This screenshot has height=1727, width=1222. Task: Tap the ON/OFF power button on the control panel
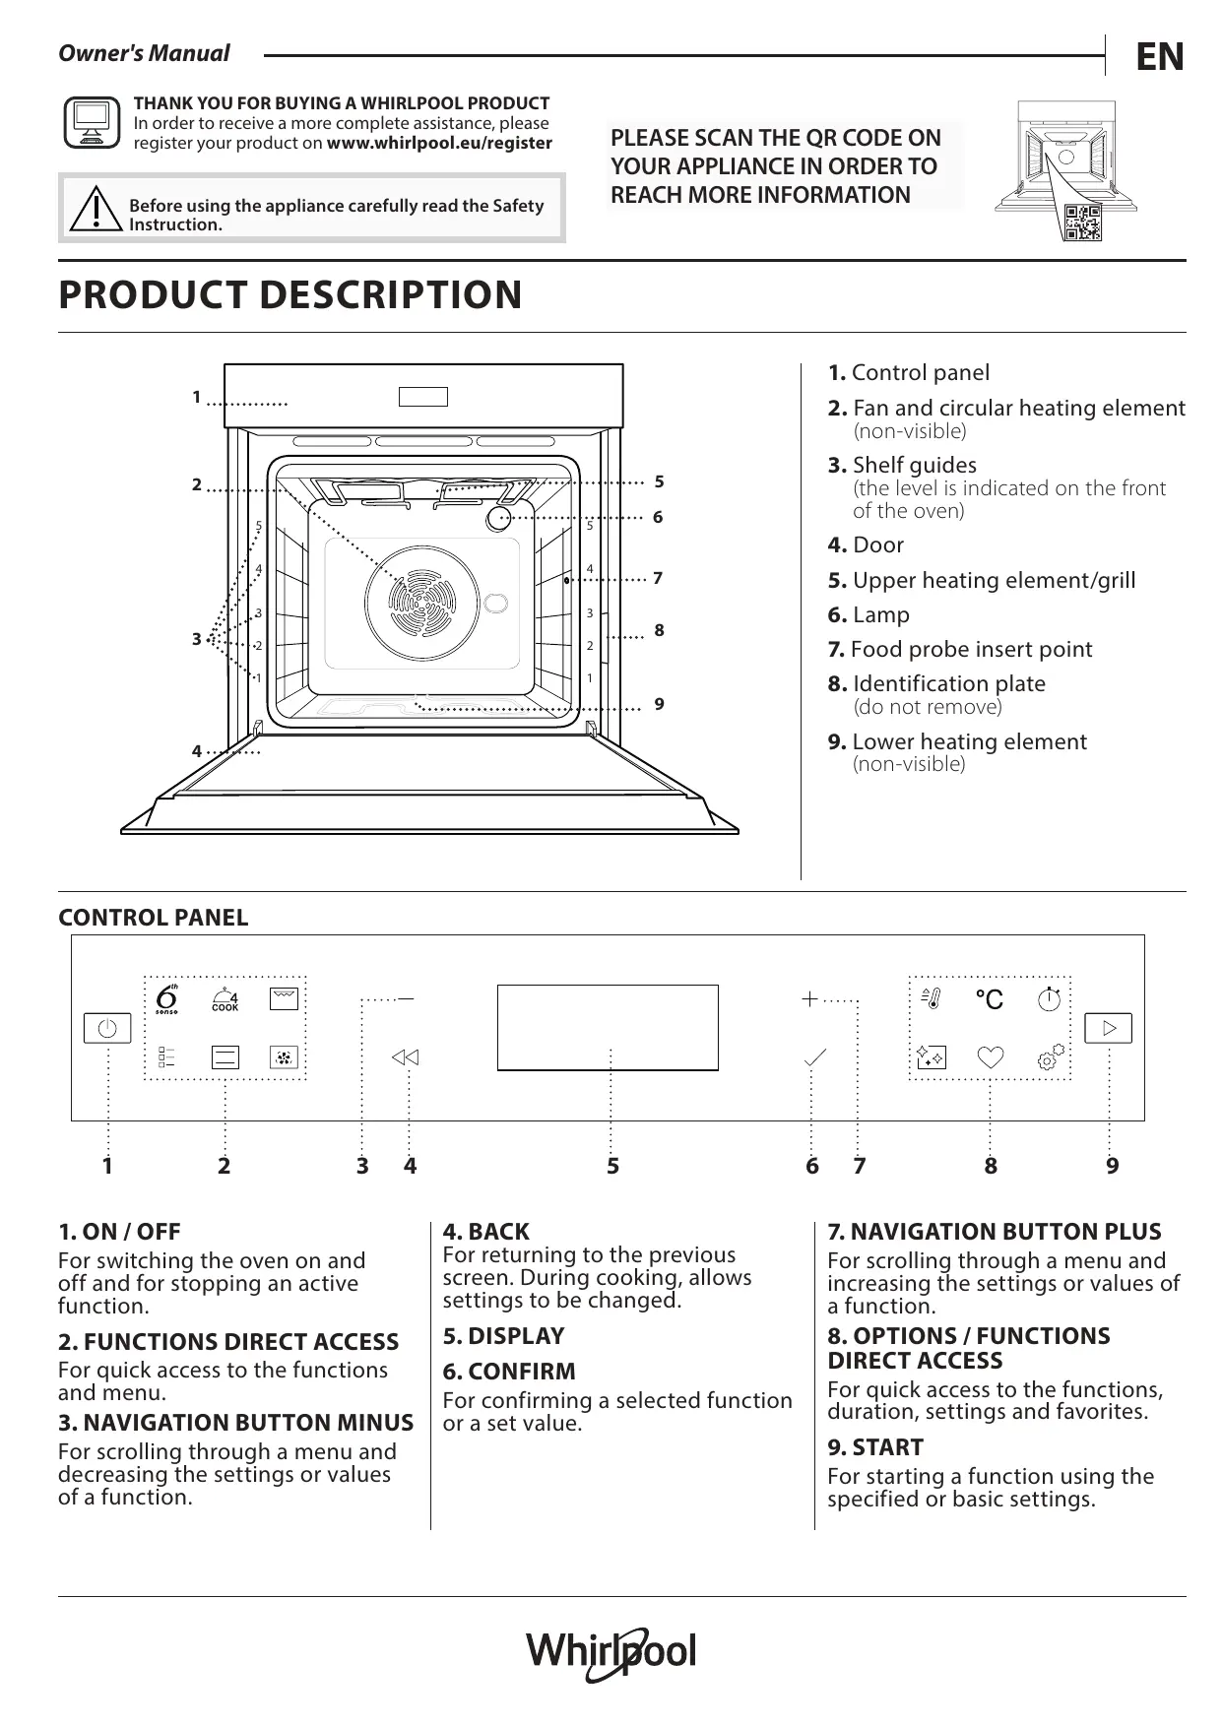[107, 1028]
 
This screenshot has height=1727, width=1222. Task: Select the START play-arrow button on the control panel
[1109, 1028]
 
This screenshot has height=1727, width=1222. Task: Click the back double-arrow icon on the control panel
[405, 1057]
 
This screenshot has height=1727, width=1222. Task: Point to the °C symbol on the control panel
[989, 999]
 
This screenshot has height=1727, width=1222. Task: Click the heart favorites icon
[991, 1057]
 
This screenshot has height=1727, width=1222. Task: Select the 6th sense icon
[167, 998]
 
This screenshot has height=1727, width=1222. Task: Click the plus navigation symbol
[809, 999]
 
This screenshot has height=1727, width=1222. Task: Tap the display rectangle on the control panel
[608, 1027]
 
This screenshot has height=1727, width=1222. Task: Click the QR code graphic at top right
[1082, 223]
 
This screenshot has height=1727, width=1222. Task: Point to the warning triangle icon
[96, 208]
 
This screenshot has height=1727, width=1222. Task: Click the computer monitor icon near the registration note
[92, 122]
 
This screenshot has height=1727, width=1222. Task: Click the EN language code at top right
[1160, 57]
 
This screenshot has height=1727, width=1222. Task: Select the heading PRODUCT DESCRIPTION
[290, 294]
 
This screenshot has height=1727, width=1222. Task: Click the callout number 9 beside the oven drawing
[659, 704]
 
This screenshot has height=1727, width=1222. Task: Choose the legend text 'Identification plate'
[949, 683]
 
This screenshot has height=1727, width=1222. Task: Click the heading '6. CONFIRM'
[509, 1372]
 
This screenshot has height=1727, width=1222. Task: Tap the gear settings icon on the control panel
[1051, 1056]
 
